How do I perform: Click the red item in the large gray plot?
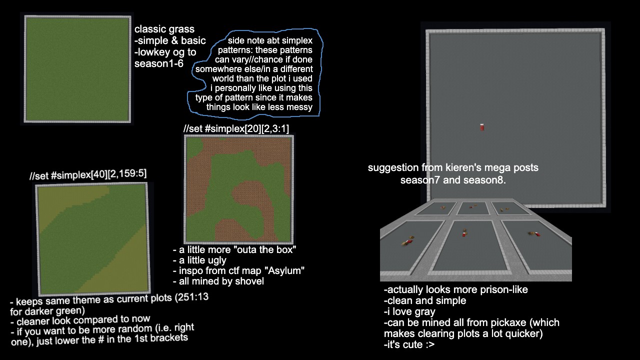(482, 127)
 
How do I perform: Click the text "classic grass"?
(164, 29)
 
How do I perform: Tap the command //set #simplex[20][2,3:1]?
(236, 128)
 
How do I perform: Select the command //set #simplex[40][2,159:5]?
(88, 174)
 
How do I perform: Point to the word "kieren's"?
(468, 167)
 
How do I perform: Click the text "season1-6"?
(159, 63)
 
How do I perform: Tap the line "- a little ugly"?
(199, 260)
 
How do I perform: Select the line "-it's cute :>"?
(409, 344)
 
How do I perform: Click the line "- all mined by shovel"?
(218, 281)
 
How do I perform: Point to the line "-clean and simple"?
(425, 300)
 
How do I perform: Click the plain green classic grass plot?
(77, 69)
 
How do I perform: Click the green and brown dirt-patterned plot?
(239, 189)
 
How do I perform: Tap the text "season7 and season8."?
(453, 180)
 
